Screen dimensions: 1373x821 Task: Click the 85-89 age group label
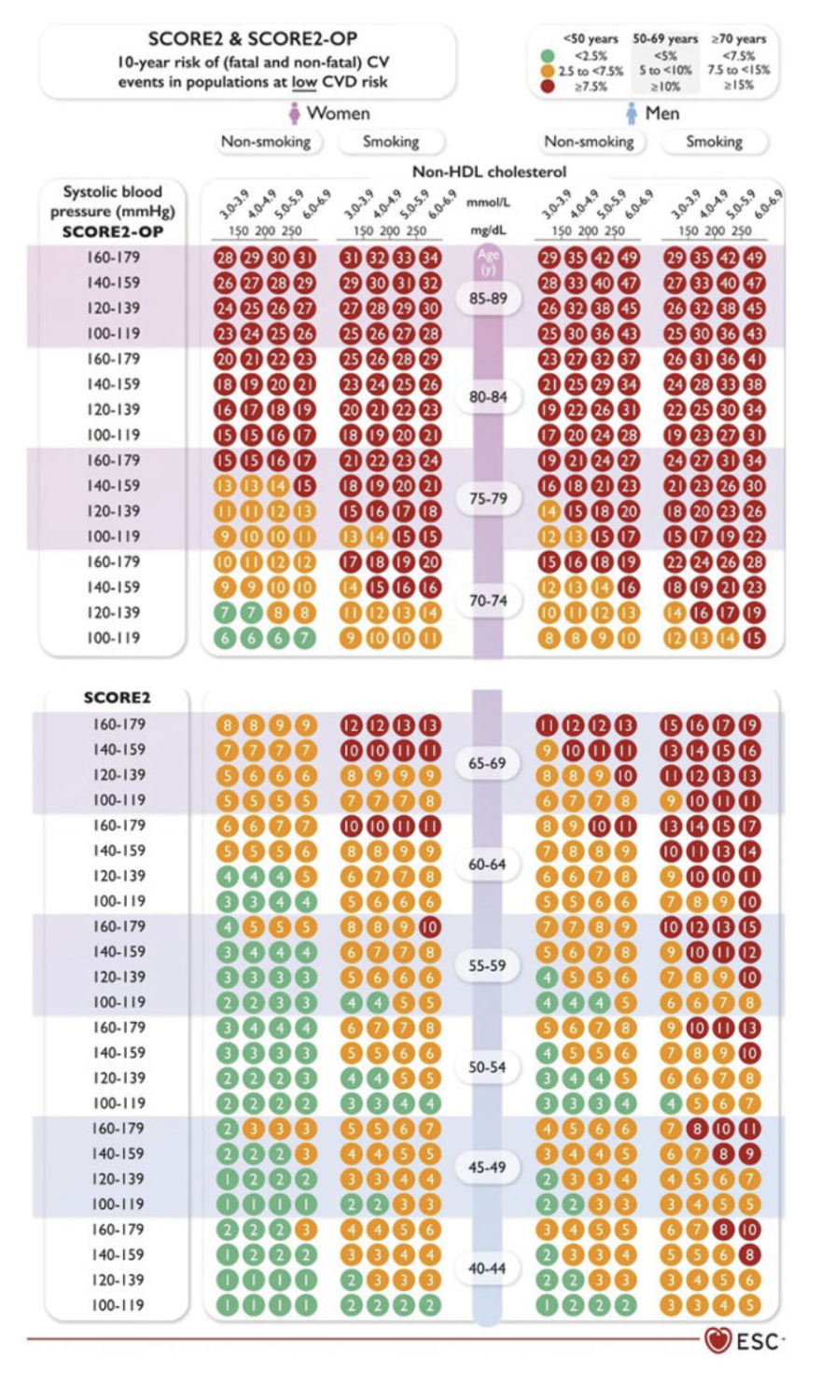coord(487,298)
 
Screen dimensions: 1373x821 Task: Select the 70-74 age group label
coord(487,601)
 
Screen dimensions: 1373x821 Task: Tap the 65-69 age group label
coord(487,763)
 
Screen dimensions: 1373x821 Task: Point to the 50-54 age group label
coord(487,1066)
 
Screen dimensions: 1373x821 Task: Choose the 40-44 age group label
coord(487,1269)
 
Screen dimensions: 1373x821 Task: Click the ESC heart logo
coord(717,1341)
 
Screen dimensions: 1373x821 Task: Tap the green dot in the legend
coord(547,55)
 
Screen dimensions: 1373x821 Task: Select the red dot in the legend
coord(547,86)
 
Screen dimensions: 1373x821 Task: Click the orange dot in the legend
coord(547,71)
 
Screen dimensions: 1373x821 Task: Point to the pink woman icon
coord(295,114)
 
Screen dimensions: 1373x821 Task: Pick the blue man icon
coord(632,114)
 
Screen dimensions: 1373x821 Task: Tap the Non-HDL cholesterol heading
coord(489,172)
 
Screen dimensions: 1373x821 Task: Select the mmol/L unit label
coord(489,201)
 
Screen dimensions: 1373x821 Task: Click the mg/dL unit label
coord(489,229)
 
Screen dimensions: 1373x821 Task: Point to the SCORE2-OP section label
coord(112,231)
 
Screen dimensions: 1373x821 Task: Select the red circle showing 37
coord(627,359)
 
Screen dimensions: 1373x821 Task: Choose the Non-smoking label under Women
coord(265,142)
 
